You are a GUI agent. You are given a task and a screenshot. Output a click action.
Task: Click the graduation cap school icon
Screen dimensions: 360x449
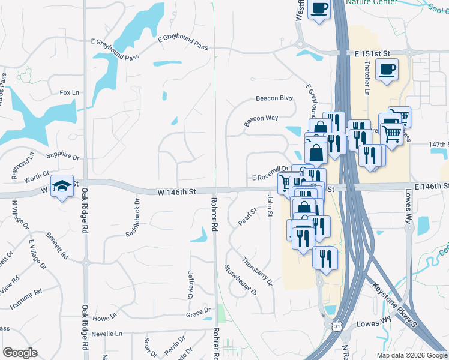click(x=62, y=187)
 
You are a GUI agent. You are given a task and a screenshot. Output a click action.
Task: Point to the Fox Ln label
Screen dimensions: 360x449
click(x=69, y=93)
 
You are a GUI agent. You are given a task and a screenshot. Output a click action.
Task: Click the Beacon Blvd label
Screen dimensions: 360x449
click(x=274, y=98)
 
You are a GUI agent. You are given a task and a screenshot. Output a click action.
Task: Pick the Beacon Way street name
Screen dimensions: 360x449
click(x=261, y=120)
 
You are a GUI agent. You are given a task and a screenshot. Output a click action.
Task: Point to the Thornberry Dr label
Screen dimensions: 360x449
click(x=258, y=271)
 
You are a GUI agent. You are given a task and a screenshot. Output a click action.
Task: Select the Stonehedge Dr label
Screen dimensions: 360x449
click(x=241, y=280)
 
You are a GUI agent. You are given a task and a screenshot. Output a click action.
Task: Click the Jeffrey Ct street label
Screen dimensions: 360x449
click(x=191, y=285)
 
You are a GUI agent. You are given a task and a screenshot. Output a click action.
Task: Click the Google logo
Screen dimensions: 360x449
click(x=21, y=353)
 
